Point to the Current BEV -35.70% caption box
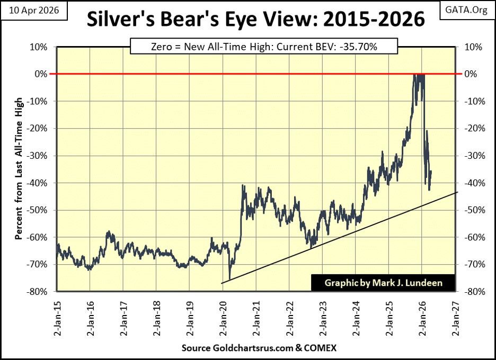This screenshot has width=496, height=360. [256, 47]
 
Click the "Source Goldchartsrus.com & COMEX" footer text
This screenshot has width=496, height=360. [256, 348]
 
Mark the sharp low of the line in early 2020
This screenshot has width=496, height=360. [229, 280]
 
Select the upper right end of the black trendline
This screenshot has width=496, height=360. [457, 192]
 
